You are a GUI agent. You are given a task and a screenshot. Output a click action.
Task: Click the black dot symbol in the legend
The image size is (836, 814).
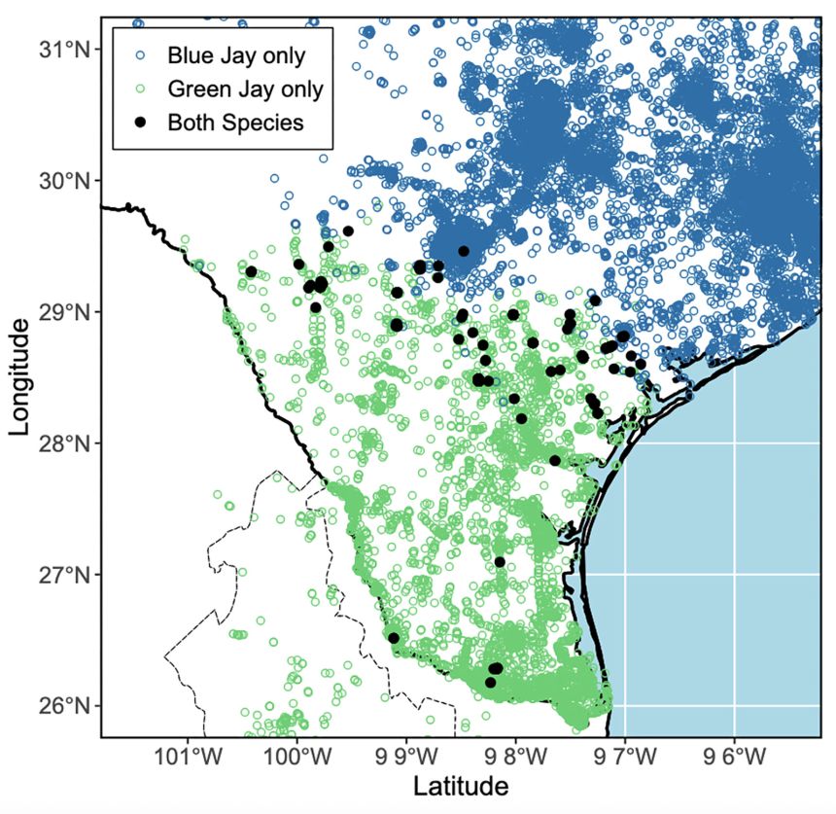pyautogui.click(x=140, y=123)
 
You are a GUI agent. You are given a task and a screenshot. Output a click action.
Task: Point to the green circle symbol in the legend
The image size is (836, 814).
pyautogui.click(x=140, y=89)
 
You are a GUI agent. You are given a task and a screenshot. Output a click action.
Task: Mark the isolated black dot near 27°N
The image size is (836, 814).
pyautogui.click(x=500, y=562)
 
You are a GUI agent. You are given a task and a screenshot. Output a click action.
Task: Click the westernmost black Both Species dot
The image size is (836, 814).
pyautogui.click(x=251, y=271)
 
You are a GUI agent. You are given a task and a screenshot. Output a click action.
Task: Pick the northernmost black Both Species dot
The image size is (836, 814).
pyautogui.click(x=348, y=230)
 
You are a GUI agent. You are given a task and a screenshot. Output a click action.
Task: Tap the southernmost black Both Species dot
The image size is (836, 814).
pyautogui.click(x=490, y=683)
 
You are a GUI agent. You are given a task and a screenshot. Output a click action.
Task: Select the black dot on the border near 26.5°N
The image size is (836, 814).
pyautogui.click(x=394, y=638)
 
